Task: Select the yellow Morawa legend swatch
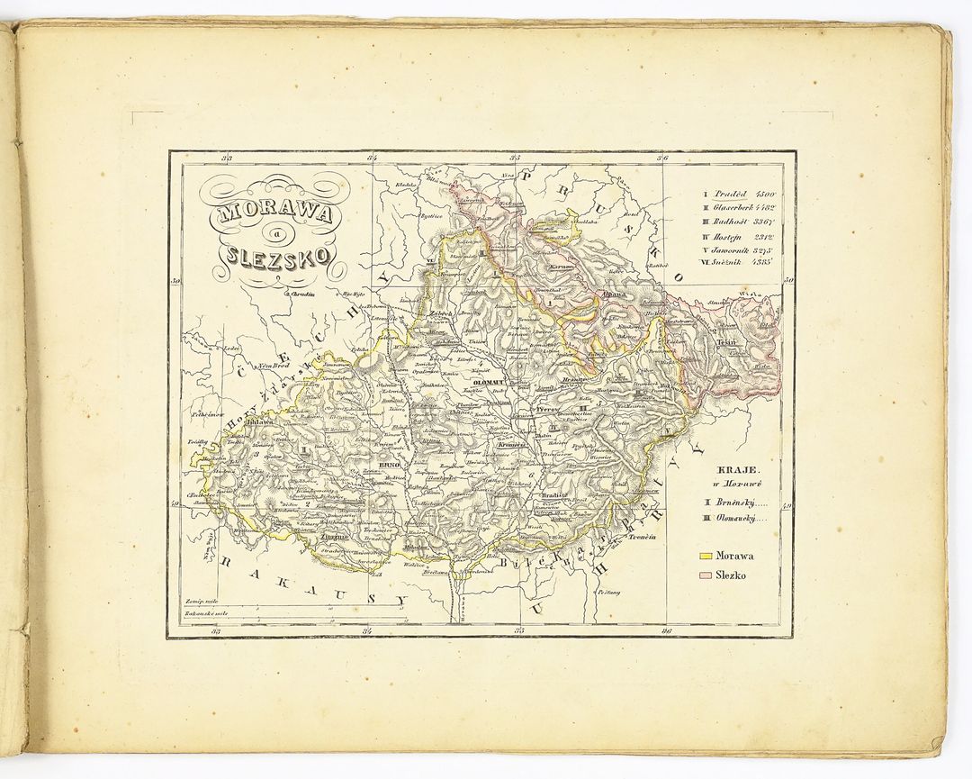click(706, 556)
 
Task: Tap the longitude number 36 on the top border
click(664, 159)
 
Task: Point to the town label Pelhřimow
click(203, 412)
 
